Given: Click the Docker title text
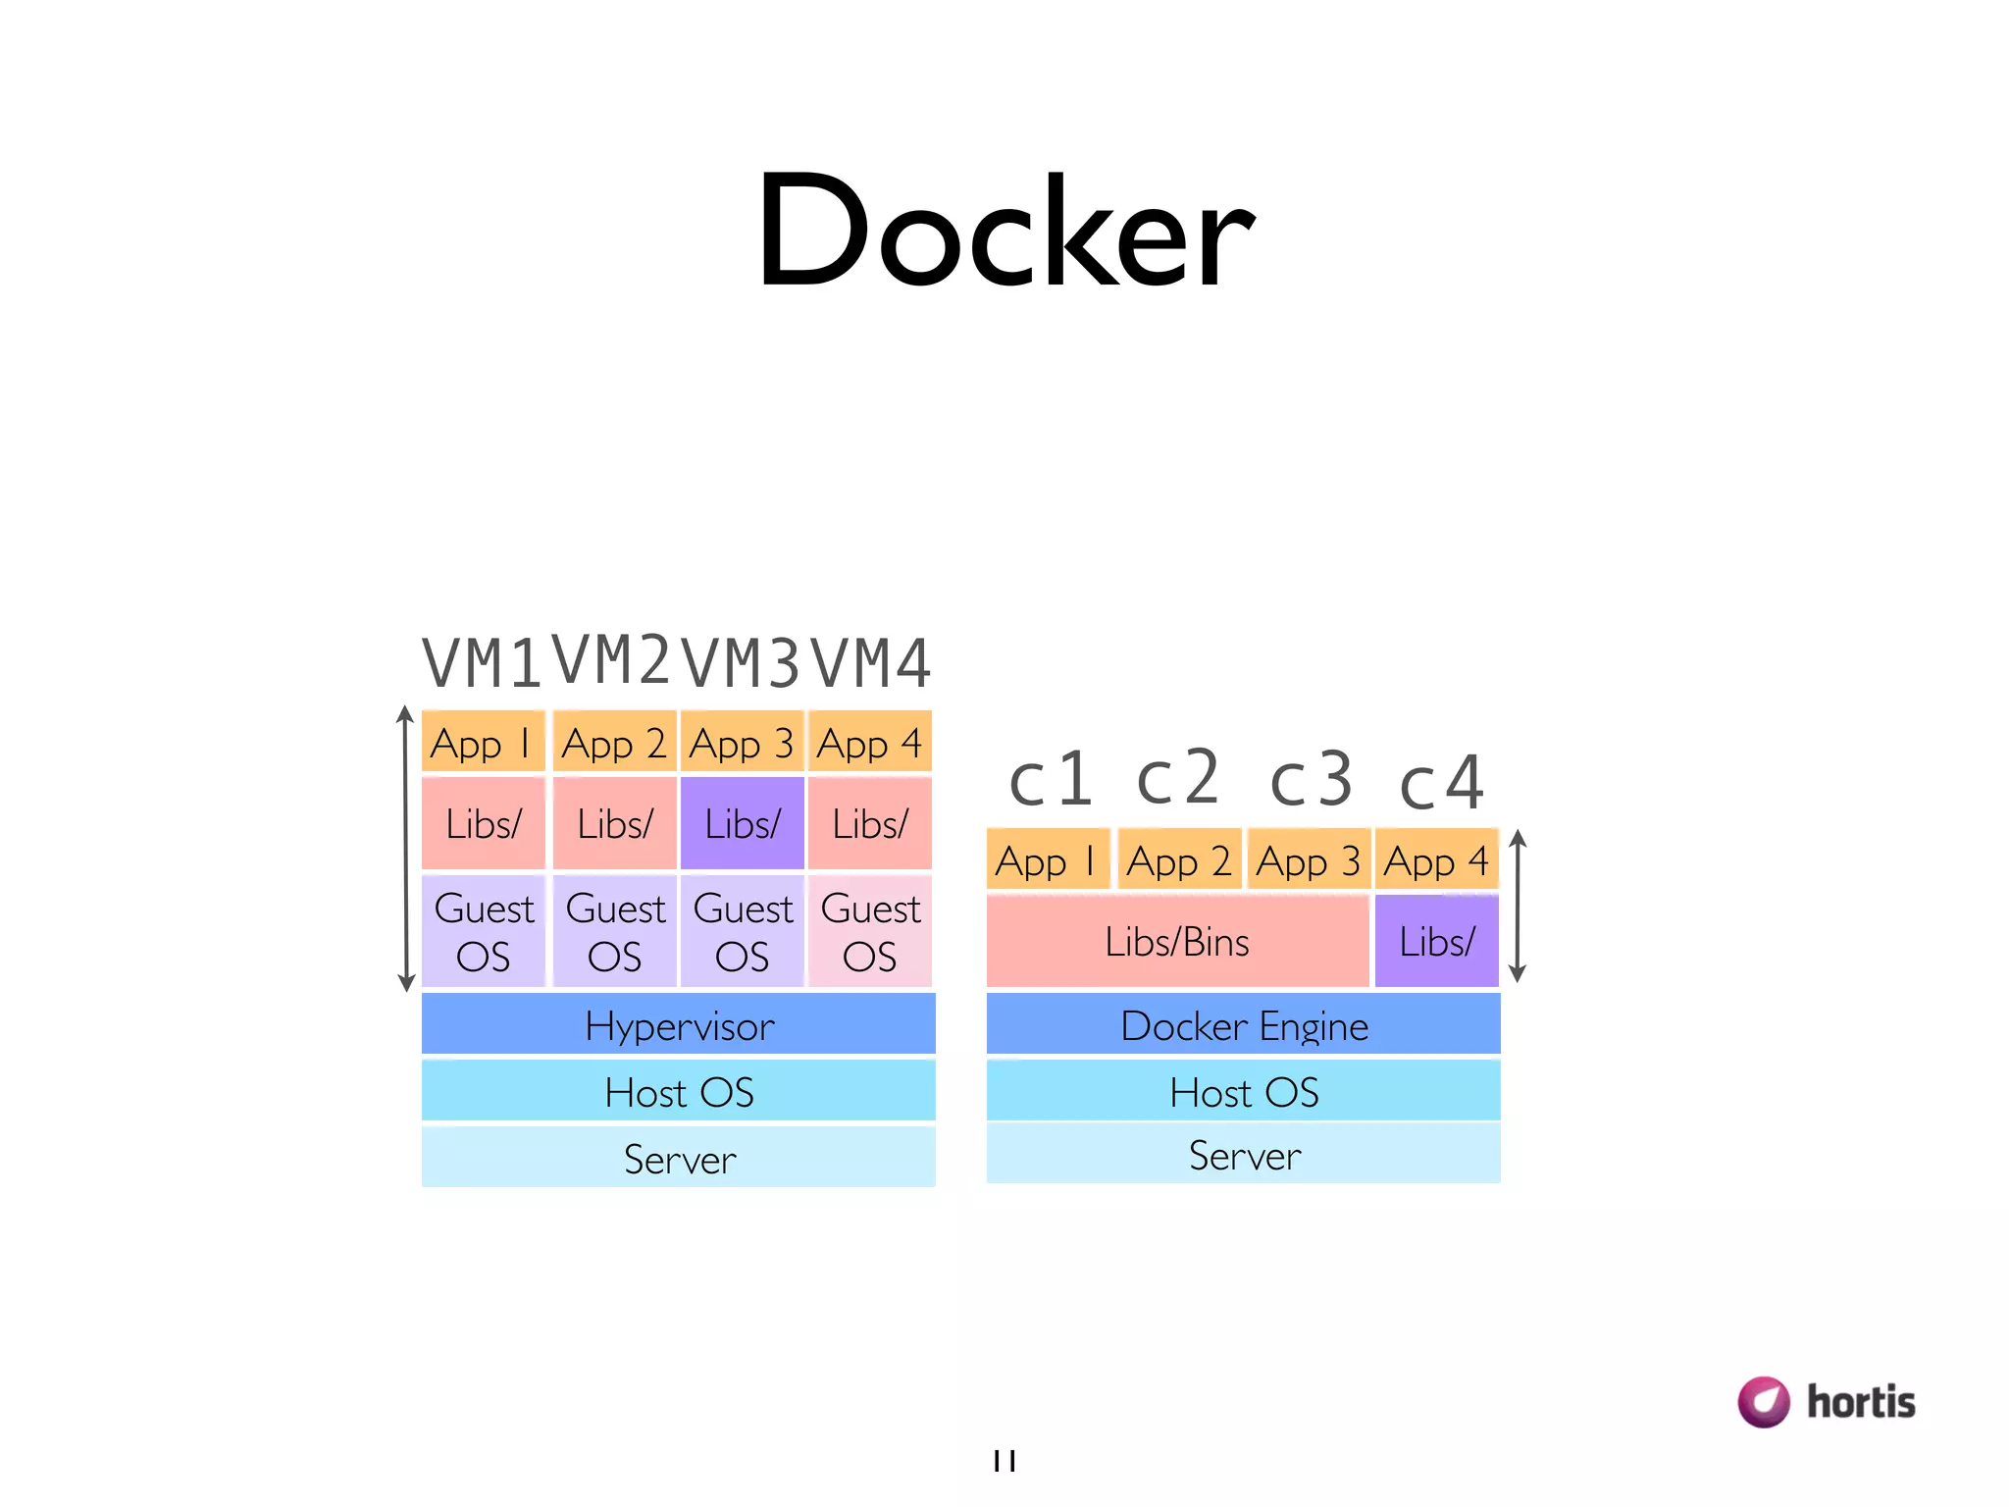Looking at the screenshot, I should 1004,232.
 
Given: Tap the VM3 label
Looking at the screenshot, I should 742,663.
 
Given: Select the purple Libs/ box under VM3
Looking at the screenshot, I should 743,823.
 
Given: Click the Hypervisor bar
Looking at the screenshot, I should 678,1024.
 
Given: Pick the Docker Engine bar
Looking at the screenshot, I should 1243,1024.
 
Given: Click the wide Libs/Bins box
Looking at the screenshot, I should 1177,941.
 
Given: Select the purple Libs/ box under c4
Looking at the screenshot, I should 1436,941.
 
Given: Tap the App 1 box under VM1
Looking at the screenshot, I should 483,743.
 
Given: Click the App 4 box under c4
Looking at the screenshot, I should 1436,860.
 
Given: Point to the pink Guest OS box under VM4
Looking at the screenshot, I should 870,931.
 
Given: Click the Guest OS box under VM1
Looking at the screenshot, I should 483,931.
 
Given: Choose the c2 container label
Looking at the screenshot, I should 1177,778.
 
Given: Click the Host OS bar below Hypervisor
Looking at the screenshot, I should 678,1091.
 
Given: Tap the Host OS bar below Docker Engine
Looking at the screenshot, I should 1243,1091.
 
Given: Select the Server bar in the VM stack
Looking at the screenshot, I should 678,1158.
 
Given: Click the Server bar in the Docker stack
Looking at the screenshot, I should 1243,1154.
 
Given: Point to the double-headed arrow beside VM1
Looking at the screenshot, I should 405,849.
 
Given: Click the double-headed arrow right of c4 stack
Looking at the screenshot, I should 1518,906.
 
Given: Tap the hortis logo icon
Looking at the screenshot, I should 1764,1401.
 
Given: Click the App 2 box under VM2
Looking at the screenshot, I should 614,743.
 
